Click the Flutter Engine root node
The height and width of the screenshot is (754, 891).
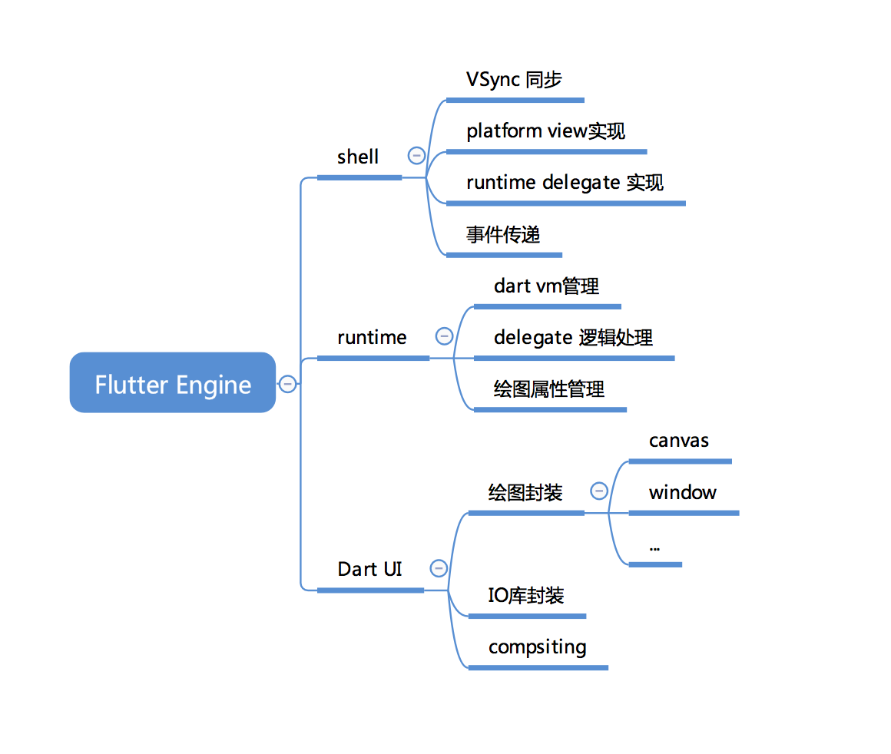(173, 383)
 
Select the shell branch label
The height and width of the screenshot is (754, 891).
(358, 157)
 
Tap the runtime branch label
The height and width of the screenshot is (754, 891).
(372, 337)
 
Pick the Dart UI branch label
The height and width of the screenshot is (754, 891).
(369, 569)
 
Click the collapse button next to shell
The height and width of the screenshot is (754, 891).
(416, 156)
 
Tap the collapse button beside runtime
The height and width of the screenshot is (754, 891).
(444, 336)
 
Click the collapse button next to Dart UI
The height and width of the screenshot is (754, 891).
(439, 568)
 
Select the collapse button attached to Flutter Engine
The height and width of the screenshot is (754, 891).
(287, 383)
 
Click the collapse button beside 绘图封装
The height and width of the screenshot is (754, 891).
(598, 491)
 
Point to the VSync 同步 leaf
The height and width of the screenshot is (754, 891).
(514, 79)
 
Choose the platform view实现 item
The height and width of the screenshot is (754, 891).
(545, 131)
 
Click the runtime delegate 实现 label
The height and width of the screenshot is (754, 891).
(565, 183)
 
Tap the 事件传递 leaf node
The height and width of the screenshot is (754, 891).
(503, 234)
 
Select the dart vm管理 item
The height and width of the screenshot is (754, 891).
(546, 286)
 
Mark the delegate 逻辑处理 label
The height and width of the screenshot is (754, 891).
(573, 337)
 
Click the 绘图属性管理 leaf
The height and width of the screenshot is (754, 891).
(548, 389)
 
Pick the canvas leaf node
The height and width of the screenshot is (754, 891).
(678, 441)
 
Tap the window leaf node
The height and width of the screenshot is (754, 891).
(682, 492)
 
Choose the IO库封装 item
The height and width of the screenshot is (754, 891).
(526, 595)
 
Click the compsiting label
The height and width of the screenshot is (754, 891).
(537, 647)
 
